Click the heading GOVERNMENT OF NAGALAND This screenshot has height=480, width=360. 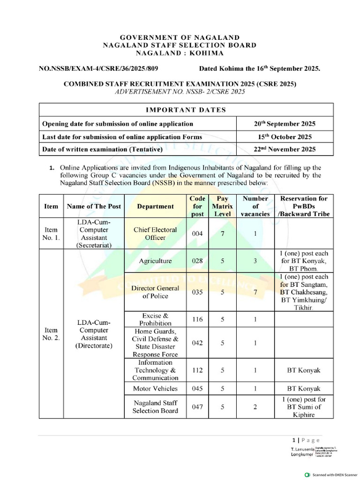[180, 37]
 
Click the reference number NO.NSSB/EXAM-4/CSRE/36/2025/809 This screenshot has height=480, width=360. [98, 68]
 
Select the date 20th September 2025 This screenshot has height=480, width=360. [285, 124]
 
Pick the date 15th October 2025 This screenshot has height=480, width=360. [285, 137]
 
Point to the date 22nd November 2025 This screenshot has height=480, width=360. [285, 150]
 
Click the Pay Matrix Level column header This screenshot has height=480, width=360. [223, 206]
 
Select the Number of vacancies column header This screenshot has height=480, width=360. [255, 206]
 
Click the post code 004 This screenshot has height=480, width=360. [197, 233]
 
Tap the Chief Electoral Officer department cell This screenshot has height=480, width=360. [155, 233]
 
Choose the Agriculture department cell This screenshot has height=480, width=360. [155, 261]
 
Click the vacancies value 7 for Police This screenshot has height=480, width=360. [255, 292]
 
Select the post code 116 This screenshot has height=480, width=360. [197, 319]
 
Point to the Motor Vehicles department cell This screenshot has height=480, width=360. [155, 389]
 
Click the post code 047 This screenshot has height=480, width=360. [197, 407]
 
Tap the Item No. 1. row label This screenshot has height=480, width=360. [51, 233]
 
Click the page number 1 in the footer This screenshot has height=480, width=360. [293, 440]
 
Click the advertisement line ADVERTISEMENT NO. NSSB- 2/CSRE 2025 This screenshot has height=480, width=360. [180, 92]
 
